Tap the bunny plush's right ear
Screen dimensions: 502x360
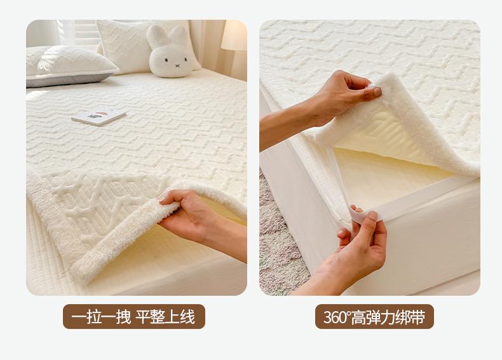tap(179, 35)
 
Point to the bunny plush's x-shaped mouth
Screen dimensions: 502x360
tap(177, 66)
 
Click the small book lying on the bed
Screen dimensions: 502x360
tap(99, 116)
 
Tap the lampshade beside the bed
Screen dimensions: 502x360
tap(234, 35)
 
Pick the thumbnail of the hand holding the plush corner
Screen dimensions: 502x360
tap(377, 92)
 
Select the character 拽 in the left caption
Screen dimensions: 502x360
tap(123, 317)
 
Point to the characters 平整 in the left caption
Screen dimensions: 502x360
tap(150, 317)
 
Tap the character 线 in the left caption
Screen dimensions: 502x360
tap(187, 317)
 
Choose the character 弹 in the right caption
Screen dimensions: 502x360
tap(372, 317)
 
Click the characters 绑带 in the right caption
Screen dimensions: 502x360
tap(410, 317)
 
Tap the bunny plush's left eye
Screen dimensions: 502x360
tap(166, 60)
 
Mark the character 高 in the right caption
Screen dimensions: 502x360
tap(358, 317)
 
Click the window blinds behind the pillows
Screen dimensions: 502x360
tap(86, 32)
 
